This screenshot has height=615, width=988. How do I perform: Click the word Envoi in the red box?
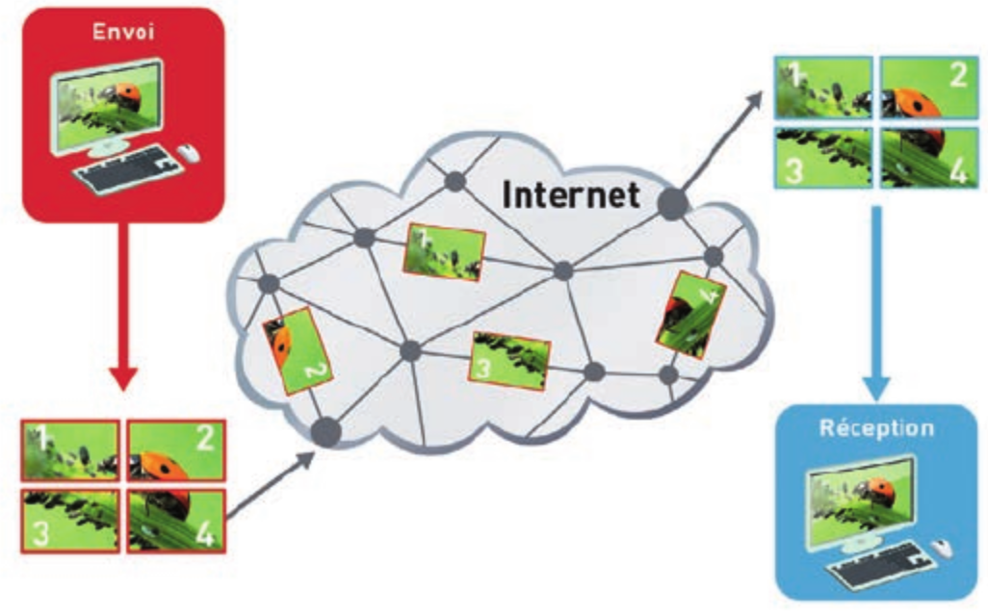pyautogui.click(x=122, y=32)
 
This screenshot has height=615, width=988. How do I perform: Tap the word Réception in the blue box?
pyautogui.click(x=875, y=427)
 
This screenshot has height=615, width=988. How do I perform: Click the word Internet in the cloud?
pyautogui.click(x=571, y=195)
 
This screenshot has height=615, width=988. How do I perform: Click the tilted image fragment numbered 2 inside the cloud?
pyautogui.click(x=298, y=350)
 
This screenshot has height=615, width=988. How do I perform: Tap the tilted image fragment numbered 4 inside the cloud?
pyautogui.click(x=689, y=314)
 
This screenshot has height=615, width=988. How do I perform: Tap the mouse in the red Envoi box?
pyautogui.click(x=190, y=153)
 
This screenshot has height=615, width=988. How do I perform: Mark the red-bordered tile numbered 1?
pyautogui.click(x=70, y=450)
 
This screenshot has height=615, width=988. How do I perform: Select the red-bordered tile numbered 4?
pyautogui.click(x=175, y=520)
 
